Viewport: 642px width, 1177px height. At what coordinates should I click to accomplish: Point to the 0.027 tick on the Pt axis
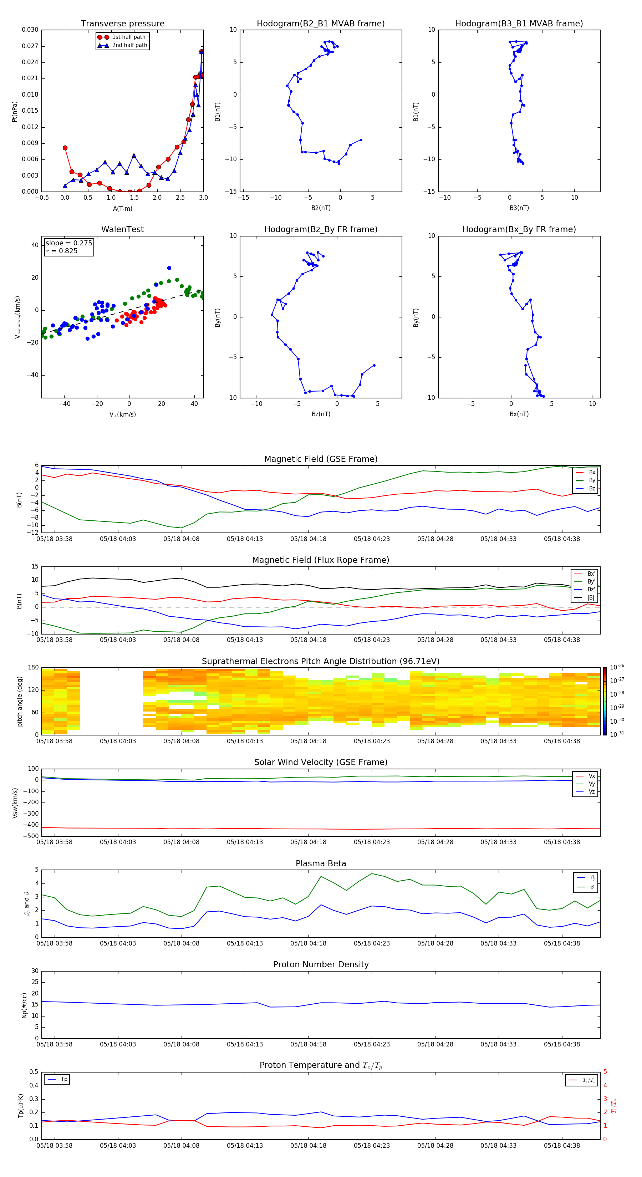pos(30,46)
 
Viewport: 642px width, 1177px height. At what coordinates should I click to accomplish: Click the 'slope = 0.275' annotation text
pos(68,243)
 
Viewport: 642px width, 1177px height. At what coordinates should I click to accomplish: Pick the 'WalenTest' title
pos(122,229)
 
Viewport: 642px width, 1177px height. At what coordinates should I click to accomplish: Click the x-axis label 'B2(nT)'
pos(321,208)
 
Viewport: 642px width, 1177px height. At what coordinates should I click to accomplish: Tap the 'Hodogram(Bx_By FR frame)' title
pos(519,229)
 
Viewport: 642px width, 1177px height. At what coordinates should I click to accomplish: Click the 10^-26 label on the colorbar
pos(617,667)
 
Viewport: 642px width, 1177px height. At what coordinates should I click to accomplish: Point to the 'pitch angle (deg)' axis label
pos(20,701)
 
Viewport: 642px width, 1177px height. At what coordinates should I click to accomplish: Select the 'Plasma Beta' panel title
pos(321,863)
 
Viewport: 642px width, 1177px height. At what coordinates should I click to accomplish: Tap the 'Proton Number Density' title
pos(321,964)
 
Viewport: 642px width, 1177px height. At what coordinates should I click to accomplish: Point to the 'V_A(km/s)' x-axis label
pos(122,414)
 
